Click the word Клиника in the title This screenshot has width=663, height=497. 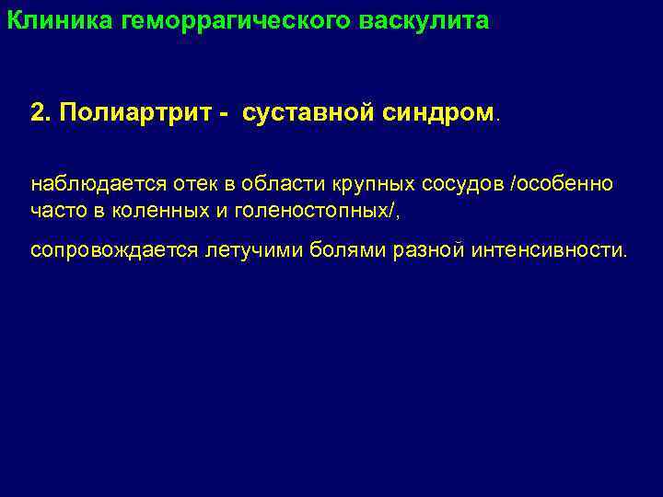[x=60, y=19]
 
